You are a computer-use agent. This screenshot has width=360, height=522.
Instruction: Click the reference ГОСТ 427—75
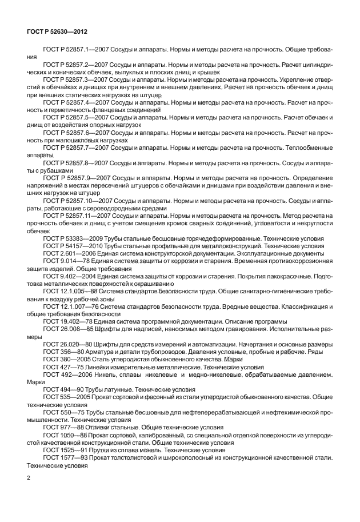tap(61, 366)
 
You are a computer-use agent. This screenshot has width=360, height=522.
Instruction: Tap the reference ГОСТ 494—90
tap(61, 388)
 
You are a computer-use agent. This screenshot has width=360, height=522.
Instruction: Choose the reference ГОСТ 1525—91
tap(63, 449)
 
